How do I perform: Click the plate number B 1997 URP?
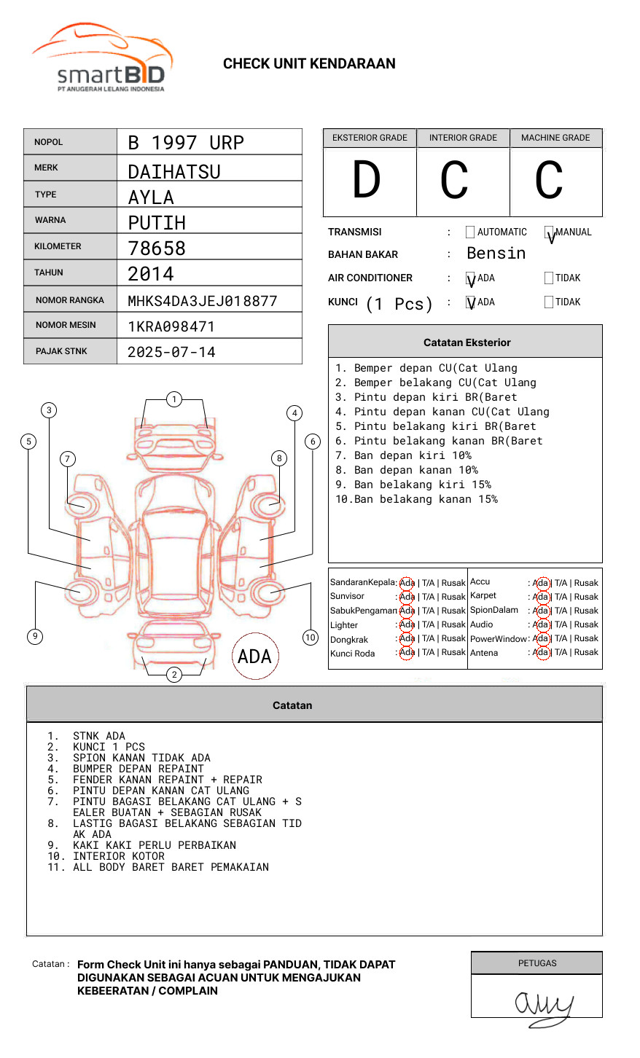coord(186,143)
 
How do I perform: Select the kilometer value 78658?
coord(157,248)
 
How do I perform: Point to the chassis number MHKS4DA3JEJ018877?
coord(203,301)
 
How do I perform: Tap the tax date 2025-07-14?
coord(171,352)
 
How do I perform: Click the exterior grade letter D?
coord(367,179)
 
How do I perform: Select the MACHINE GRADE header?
coord(555,138)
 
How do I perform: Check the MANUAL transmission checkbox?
coord(549,232)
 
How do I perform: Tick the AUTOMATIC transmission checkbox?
coord(470,232)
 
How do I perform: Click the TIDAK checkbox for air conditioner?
coord(549,278)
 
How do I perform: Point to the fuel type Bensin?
coord(496,254)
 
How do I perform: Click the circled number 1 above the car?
coord(174,399)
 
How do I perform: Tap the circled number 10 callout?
coord(310,638)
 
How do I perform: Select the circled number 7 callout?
coord(68,458)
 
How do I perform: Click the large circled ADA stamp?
coord(255,656)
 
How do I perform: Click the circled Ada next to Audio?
coord(543,624)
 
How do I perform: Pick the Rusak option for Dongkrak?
coord(453,638)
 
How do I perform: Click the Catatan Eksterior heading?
coord(467,342)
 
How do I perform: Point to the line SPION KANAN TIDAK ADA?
coord(141,758)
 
